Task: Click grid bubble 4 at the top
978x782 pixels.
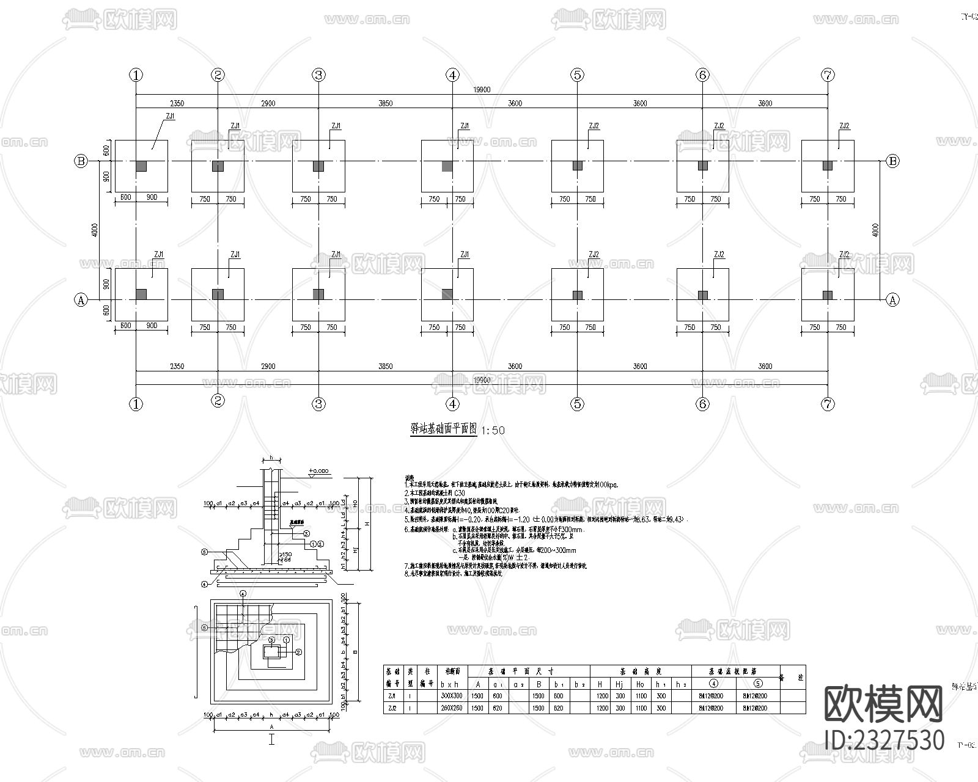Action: click(452, 75)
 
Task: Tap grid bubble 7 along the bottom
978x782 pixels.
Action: click(828, 404)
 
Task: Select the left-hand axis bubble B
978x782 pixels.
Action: click(81, 161)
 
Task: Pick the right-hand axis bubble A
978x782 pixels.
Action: click(893, 300)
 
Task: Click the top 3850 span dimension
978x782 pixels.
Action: click(385, 103)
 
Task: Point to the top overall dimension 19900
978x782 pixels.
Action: click(482, 90)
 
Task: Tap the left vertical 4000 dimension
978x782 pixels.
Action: click(94, 230)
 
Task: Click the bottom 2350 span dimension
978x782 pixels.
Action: click(177, 367)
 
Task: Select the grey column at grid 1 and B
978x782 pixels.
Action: click(141, 166)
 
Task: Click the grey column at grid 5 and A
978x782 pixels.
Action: click(578, 295)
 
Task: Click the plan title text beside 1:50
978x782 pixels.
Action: click(443, 429)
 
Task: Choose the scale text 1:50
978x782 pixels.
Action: click(493, 430)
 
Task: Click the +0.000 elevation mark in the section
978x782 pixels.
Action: click(318, 471)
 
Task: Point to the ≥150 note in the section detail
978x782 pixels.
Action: click(285, 554)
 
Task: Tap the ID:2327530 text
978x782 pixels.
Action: click(884, 740)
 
